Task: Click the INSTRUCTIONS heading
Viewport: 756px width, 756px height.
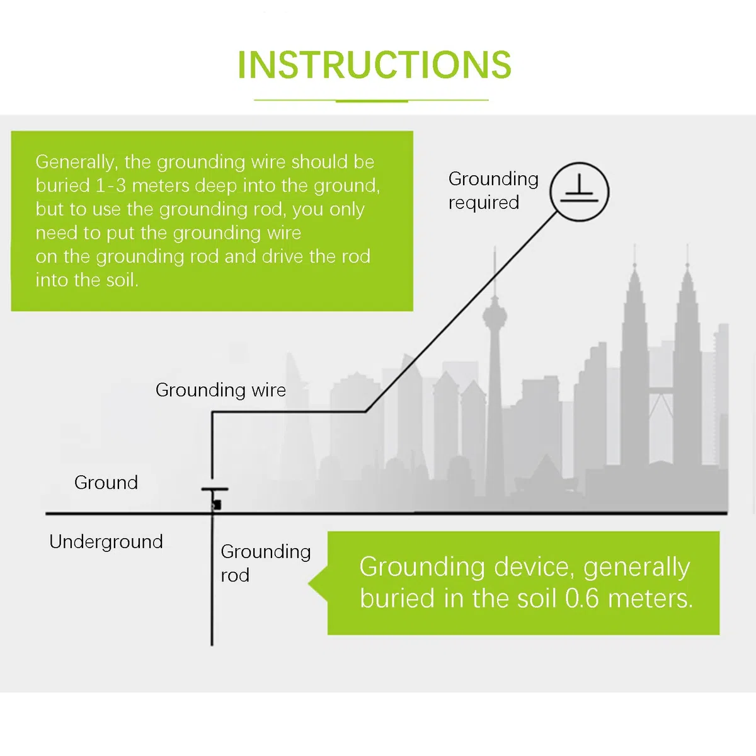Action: click(374, 65)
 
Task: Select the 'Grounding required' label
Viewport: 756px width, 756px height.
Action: click(493, 191)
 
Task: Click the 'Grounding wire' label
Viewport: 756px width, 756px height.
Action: click(220, 390)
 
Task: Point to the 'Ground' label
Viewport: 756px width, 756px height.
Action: click(106, 483)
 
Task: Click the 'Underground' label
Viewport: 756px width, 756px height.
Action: click(106, 542)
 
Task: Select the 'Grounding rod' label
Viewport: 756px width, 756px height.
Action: click(266, 563)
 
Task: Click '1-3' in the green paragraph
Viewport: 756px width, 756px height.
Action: click(111, 186)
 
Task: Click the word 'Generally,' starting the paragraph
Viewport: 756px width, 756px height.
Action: click(77, 163)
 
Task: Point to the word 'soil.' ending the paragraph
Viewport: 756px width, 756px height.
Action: click(122, 280)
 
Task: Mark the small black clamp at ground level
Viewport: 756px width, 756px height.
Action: click(216, 505)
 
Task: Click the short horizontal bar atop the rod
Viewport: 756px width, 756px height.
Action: click(215, 490)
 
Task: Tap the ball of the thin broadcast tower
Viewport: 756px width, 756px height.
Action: click(495, 314)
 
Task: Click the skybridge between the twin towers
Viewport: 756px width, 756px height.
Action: click(661, 391)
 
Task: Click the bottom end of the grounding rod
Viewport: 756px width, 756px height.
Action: click(212, 645)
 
